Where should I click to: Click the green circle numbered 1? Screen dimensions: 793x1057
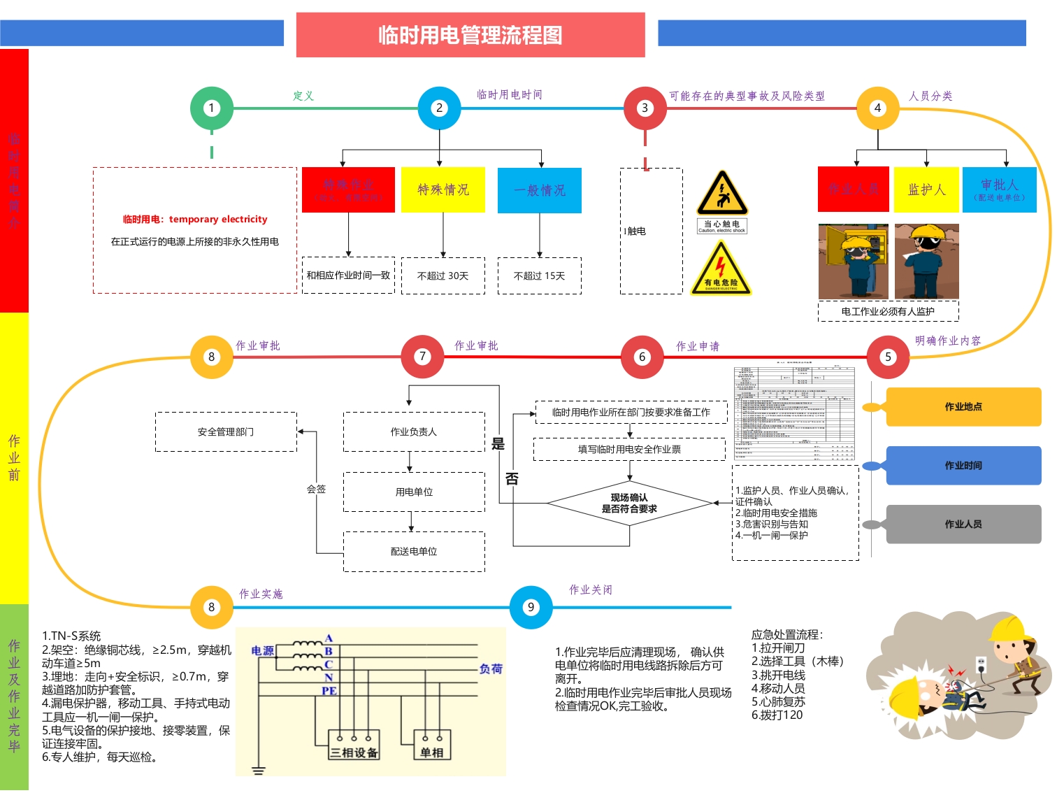212,108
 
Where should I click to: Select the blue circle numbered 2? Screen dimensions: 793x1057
439,108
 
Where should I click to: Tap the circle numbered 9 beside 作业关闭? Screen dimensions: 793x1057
531,607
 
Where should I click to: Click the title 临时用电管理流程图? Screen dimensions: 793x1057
470,35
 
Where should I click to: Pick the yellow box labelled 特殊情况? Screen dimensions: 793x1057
443,190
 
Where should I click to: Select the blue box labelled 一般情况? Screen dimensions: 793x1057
540,190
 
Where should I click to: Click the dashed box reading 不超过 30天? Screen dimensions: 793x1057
443,276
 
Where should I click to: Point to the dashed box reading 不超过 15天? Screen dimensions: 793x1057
540,276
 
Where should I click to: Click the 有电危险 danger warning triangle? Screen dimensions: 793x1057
721,270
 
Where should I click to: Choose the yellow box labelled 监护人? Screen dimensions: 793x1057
926,190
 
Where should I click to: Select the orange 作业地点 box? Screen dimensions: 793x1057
963,407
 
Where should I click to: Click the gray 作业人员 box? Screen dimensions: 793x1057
963,524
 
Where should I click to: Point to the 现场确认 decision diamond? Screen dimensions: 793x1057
629,503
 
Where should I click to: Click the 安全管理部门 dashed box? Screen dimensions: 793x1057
226,432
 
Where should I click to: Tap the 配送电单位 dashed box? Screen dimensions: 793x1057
414,552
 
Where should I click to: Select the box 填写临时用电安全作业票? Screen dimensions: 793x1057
629,450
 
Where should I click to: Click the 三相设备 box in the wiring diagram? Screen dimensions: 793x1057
354,745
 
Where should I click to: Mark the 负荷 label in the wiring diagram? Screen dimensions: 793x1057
491,669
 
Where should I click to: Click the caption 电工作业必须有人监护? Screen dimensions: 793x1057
888,311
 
